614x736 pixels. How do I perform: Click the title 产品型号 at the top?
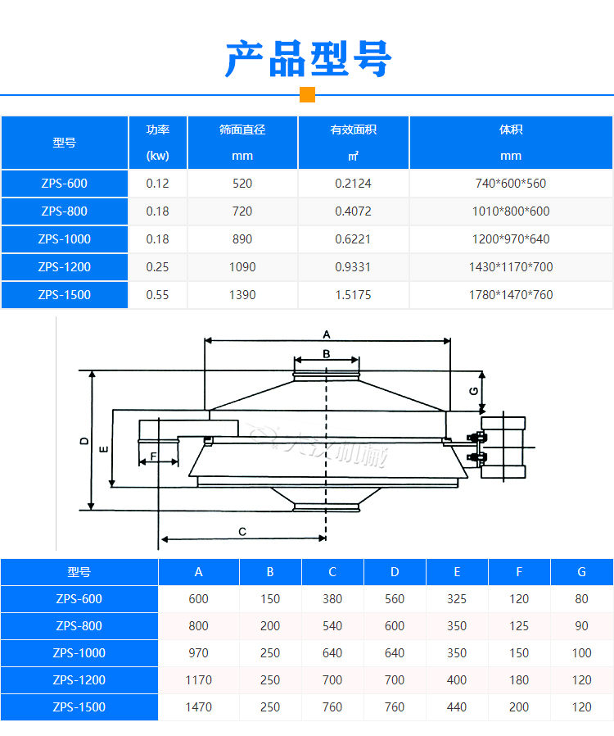pyautogui.click(x=308, y=59)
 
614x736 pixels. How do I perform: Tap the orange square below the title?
pyautogui.click(x=307, y=94)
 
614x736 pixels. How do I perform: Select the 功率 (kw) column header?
pyautogui.click(x=158, y=143)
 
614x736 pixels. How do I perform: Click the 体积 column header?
pyautogui.click(x=511, y=143)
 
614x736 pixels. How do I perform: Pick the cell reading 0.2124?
pyautogui.click(x=353, y=184)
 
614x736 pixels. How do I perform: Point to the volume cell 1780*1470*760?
pyautogui.click(x=511, y=295)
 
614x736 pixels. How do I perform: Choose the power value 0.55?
pyautogui.click(x=158, y=295)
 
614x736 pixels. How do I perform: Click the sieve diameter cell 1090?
pyautogui.click(x=242, y=267)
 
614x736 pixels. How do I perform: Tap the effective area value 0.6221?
pyautogui.click(x=353, y=239)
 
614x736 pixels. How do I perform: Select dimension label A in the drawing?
pyautogui.click(x=326, y=334)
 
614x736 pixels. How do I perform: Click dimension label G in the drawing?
pyautogui.click(x=473, y=391)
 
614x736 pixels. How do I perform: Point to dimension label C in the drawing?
pyautogui.click(x=242, y=532)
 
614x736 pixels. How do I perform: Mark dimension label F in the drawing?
pyautogui.click(x=153, y=455)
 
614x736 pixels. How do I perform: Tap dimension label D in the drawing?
pyautogui.click(x=84, y=441)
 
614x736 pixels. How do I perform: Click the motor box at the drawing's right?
pyautogui.click(x=503, y=448)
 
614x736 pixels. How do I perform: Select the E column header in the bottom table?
pyautogui.click(x=457, y=572)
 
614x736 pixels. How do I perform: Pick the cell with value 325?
pyautogui.click(x=457, y=599)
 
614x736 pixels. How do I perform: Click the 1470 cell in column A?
pyautogui.click(x=199, y=706)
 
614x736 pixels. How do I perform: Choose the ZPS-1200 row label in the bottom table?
pyautogui.click(x=79, y=679)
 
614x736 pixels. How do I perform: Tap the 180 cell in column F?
pyautogui.click(x=519, y=679)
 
